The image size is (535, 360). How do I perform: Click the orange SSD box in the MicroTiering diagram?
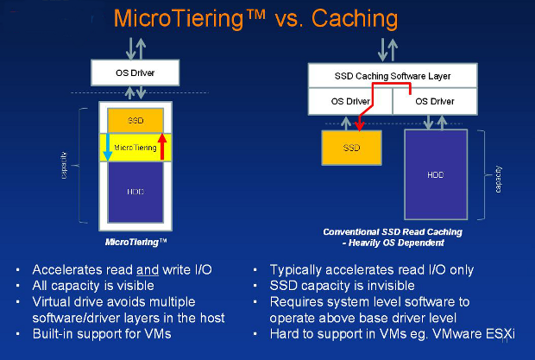(x=135, y=120)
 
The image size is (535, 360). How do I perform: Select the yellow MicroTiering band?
(x=135, y=148)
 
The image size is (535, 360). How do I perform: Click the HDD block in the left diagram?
(x=135, y=192)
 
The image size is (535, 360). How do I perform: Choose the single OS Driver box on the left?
(x=135, y=73)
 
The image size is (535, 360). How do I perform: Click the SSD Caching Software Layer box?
(x=393, y=76)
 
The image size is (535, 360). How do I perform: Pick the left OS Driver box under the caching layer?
(x=351, y=102)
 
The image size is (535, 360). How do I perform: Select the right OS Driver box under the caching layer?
(x=434, y=102)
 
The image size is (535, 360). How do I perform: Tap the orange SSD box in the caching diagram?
(x=351, y=148)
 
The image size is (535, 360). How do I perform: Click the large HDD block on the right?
(x=435, y=174)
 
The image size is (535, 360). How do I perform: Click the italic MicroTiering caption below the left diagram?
(x=135, y=243)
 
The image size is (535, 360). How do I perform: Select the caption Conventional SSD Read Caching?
(x=393, y=232)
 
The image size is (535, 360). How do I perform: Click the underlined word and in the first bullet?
(x=144, y=270)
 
